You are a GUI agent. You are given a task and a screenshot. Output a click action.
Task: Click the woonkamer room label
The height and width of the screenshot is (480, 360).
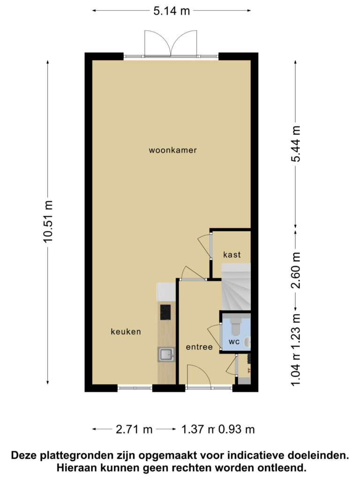(172, 150)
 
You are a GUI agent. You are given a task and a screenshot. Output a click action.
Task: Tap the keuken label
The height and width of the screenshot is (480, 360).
(126, 331)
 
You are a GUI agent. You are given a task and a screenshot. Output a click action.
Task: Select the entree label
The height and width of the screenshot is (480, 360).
(199, 347)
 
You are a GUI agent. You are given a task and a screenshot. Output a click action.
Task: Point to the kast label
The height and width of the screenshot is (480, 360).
(232, 255)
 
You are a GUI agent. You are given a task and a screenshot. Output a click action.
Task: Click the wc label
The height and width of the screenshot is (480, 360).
(234, 342)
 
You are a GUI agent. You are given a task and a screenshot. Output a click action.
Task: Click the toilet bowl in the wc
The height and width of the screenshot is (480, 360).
(236, 326)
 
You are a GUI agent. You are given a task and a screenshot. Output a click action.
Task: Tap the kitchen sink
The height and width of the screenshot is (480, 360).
(166, 354)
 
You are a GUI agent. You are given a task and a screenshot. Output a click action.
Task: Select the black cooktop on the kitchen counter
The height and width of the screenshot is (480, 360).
(165, 312)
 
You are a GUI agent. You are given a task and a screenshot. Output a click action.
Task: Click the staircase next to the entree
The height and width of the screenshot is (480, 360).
(236, 287)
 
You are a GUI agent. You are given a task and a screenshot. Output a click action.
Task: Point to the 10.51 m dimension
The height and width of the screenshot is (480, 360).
(48, 222)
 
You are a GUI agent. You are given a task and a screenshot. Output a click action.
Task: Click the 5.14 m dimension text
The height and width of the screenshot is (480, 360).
(172, 11)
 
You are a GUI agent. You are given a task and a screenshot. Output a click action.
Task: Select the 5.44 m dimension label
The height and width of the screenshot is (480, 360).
(296, 143)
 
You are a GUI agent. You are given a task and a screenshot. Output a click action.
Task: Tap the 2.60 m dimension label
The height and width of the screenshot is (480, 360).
(296, 270)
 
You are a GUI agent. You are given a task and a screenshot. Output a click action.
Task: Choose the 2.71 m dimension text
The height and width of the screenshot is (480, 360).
(134, 429)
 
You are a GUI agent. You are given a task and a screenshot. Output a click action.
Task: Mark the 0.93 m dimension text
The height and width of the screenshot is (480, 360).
(236, 429)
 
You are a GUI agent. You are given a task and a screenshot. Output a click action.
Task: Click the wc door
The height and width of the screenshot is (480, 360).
(215, 337)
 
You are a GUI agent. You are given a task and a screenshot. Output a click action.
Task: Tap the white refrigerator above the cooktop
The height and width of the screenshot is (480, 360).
(166, 292)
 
